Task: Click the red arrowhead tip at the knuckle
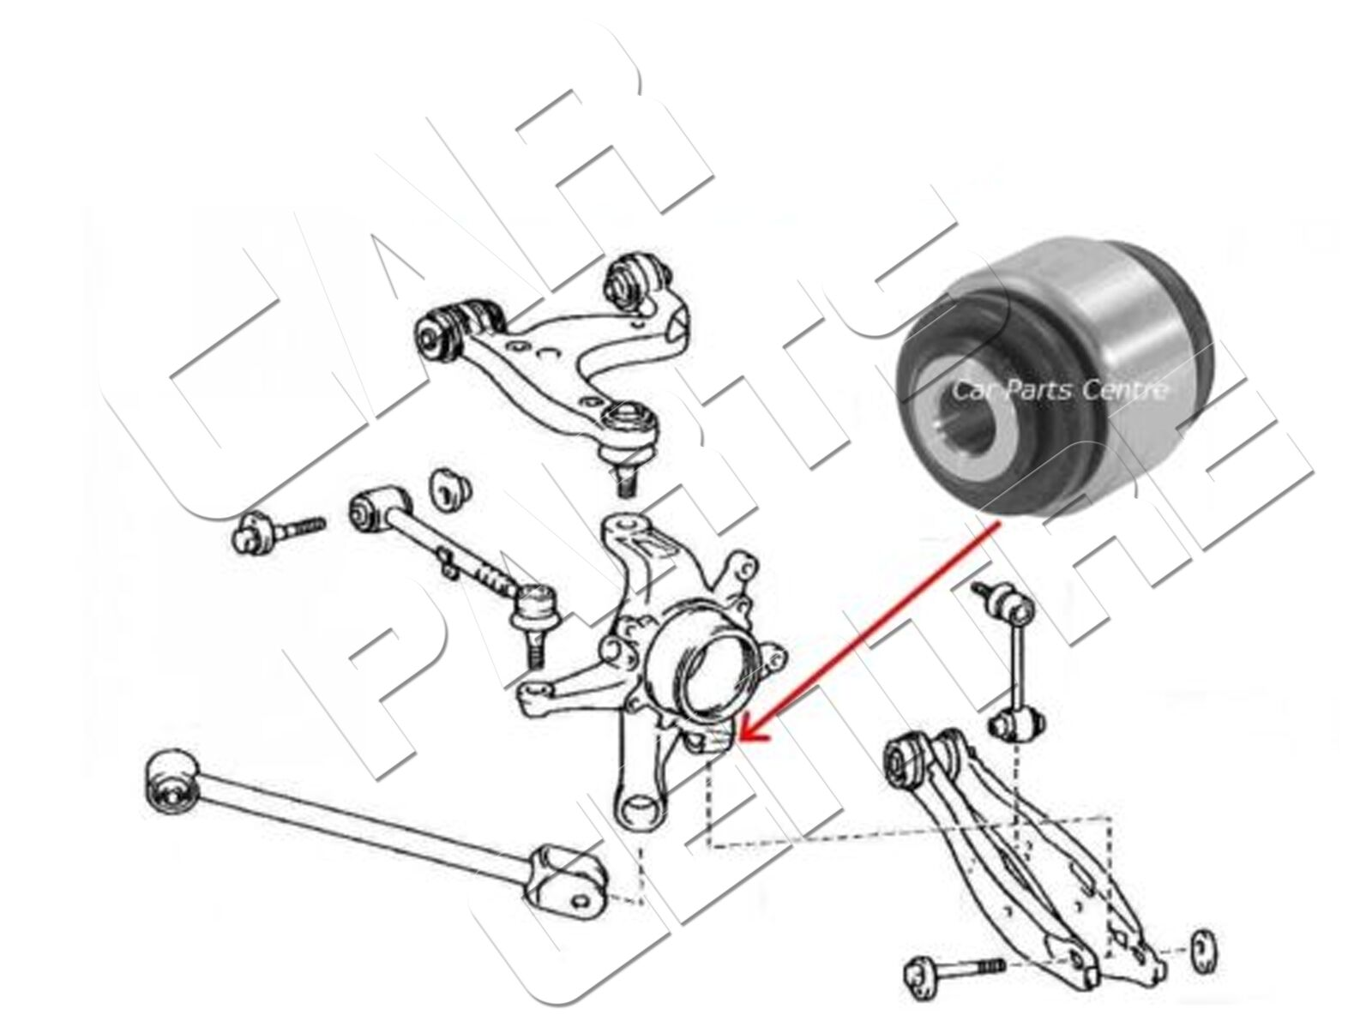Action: coord(738,739)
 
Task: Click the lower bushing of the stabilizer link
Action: coord(1018,725)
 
